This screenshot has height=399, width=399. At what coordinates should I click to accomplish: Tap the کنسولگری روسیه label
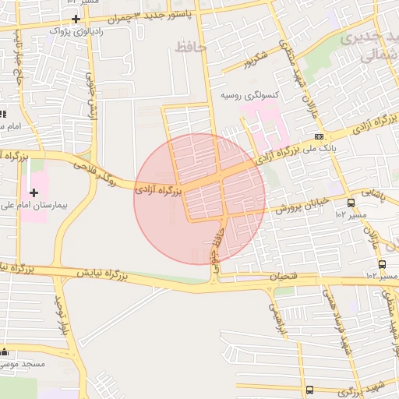tap(249, 95)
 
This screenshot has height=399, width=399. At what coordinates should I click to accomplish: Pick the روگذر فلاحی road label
tap(99, 170)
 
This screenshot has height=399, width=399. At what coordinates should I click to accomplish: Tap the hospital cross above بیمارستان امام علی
tap(34, 192)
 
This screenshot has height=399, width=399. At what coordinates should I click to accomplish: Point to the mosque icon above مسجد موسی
tap(5, 351)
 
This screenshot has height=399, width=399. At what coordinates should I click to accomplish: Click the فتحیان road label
tap(284, 277)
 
